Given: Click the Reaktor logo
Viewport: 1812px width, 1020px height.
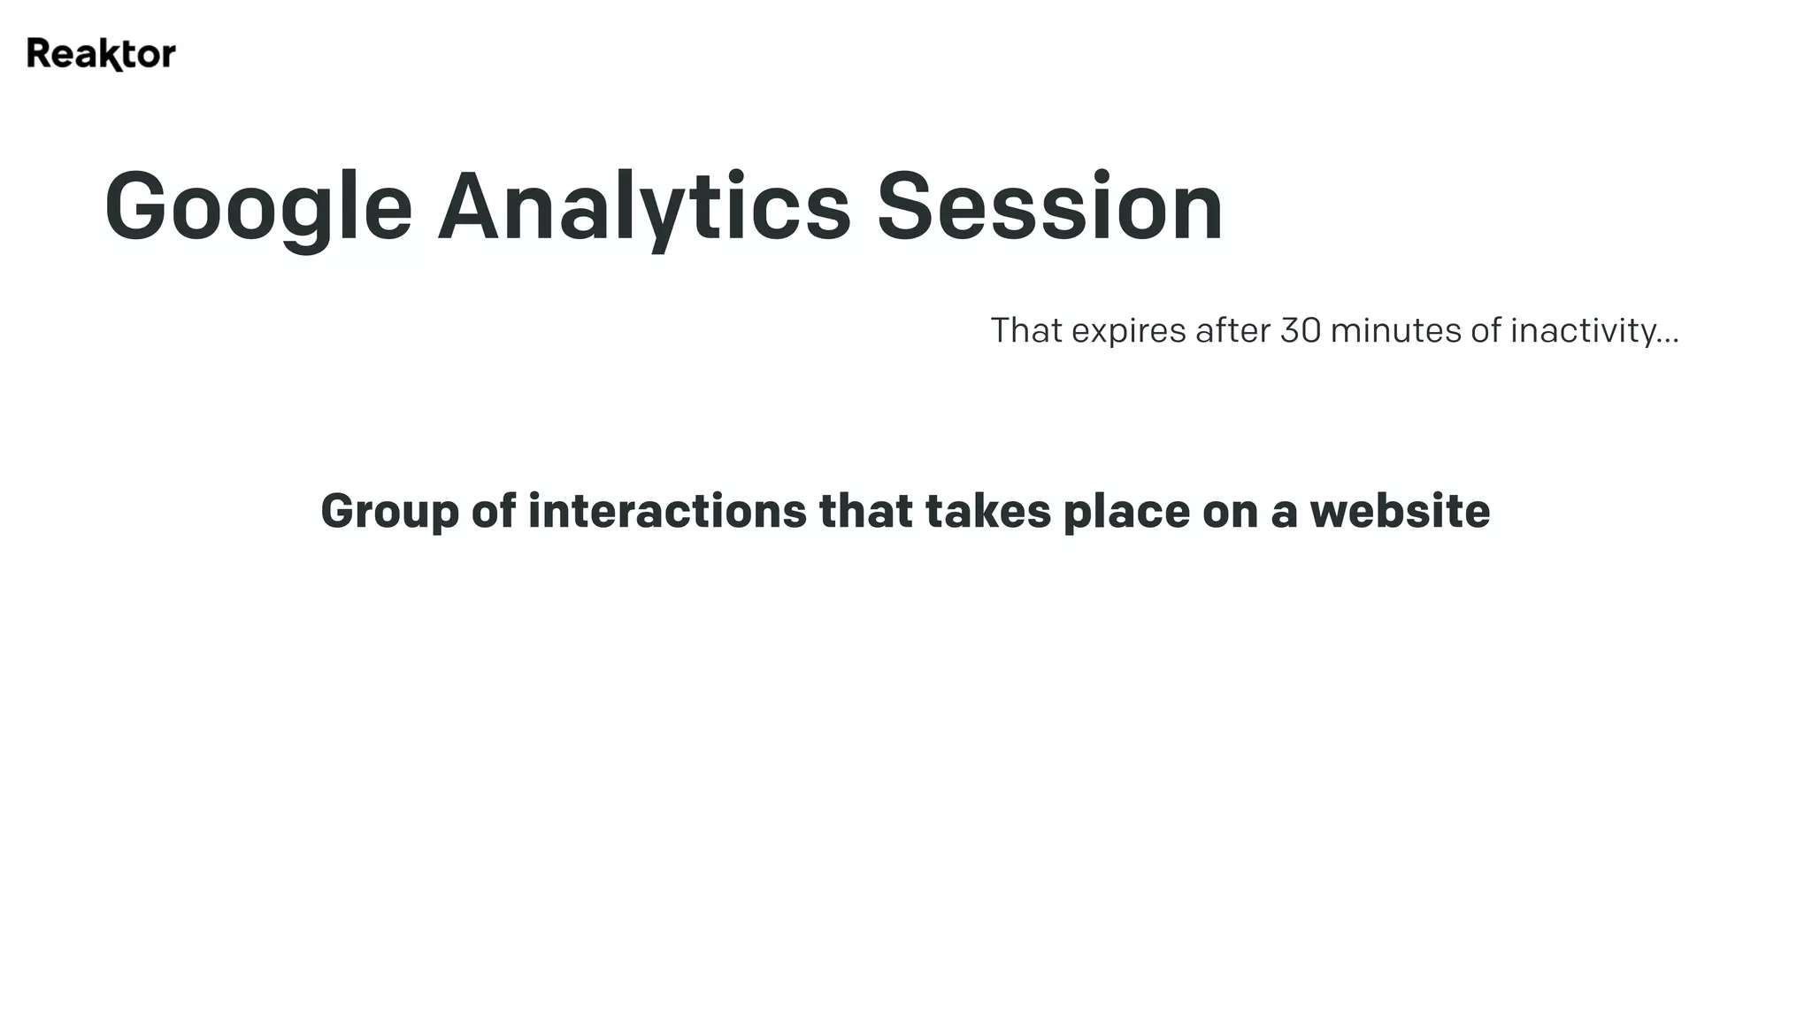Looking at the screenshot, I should (101, 54).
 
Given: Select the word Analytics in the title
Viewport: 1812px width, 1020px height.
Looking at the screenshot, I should (644, 208).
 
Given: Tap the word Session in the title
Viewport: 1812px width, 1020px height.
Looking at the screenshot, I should (1049, 208).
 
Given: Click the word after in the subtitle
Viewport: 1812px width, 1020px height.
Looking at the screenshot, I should (1233, 330).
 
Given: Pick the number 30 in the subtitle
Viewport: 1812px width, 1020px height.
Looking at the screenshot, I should (1301, 330).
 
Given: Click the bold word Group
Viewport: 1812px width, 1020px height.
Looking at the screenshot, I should (390, 512).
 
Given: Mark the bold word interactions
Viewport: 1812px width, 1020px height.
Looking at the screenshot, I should (667, 511).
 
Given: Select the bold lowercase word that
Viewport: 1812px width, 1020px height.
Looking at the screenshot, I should (865, 511).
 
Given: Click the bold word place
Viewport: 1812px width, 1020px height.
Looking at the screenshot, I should (1126, 512).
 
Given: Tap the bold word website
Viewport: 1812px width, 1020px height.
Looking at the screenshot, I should (1400, 511).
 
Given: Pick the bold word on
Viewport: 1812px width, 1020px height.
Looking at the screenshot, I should (1230, 512).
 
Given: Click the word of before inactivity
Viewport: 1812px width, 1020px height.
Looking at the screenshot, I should (1486, 330).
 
